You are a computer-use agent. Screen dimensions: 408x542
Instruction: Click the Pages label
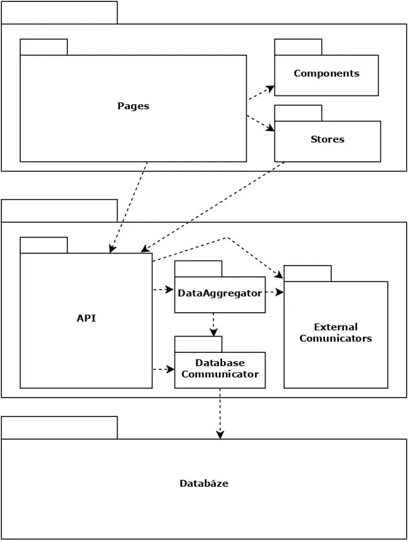tap(133, 106)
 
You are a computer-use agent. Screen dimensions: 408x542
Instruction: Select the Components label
tap(326, 73)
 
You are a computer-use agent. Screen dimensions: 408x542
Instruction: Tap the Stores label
tap(328, 139)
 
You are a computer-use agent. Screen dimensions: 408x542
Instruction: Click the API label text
tap(86, 318)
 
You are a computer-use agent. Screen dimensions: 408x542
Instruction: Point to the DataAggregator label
tap(220, 293)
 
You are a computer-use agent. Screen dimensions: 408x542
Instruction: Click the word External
tap(336, 327)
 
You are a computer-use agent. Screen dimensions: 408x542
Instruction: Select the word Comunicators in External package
tap(336, 338)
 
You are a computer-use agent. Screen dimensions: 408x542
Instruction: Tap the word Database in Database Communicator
tap(220, 362)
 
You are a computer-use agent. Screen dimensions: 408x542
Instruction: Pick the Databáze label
tap(204, 483)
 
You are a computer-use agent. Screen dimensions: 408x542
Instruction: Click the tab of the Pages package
tap(44, 47)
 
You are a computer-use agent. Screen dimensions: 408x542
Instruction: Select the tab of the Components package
tap(298, 47)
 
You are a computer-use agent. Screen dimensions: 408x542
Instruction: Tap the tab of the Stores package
tap(298, 113)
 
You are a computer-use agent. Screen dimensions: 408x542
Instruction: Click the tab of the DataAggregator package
tap(198, 269)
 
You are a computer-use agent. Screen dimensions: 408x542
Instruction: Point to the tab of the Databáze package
tap(60, 428)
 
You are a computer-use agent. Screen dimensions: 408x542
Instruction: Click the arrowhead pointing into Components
tap(270, 89)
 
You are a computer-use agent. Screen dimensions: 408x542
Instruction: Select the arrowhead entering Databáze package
tap(220, 435)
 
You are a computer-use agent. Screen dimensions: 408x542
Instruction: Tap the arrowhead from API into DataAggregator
tap(170, 290)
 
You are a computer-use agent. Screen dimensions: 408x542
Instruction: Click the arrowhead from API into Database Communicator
tap(170, 369)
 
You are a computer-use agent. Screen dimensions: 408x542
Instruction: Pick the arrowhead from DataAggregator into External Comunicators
tap(279, 293)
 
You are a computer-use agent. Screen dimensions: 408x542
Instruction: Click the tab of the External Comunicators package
tap(308, 274)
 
